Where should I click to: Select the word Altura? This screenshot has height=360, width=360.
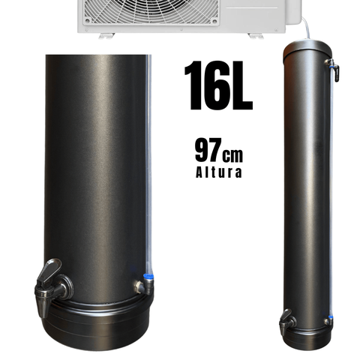pyautogui.click(x=217, y=172)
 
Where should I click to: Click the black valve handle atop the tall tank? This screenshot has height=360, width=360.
pyautogui.click(x=334, y=72)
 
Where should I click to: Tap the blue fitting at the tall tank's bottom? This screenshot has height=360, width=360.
pyautogui.click(x=329, y=319)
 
